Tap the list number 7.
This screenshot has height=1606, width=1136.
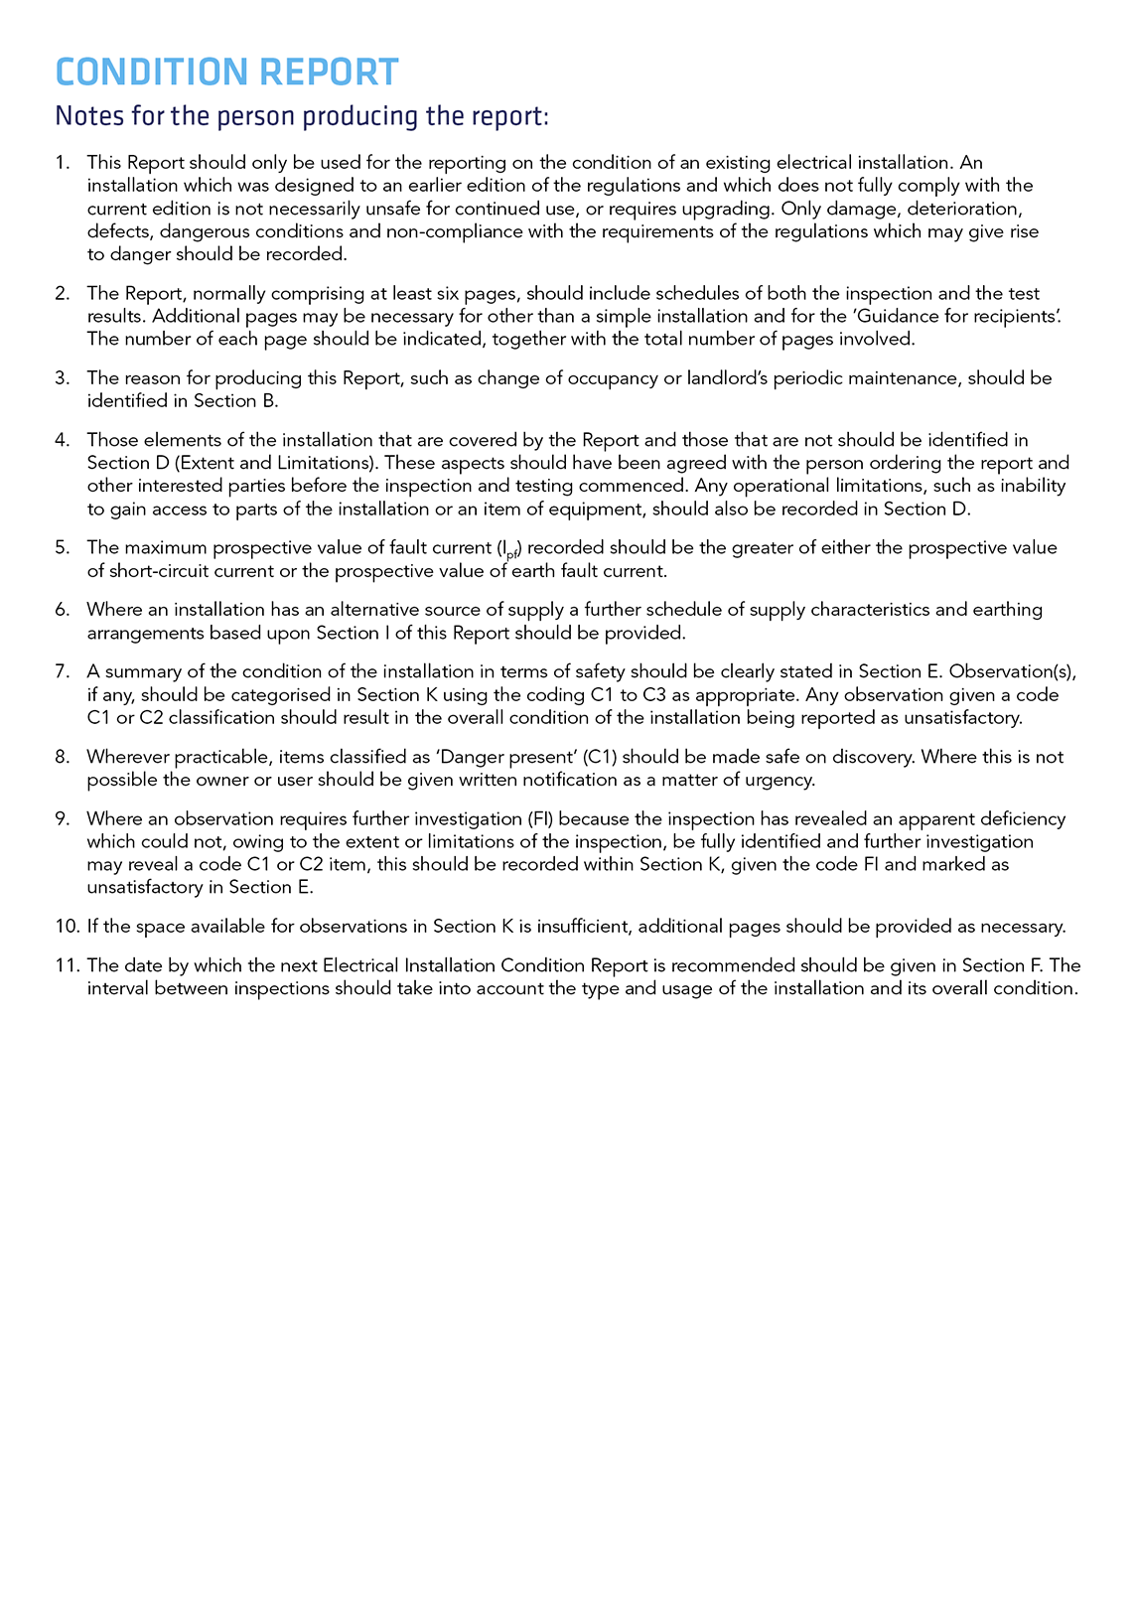[x=62, y=672]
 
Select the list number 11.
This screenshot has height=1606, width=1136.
[x=67, y=965]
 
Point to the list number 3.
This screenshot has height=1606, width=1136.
[x=62, y=378]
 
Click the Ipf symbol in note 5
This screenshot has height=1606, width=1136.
[x=508, y=549]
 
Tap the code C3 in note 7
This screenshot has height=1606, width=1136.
[x=654, y=695]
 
